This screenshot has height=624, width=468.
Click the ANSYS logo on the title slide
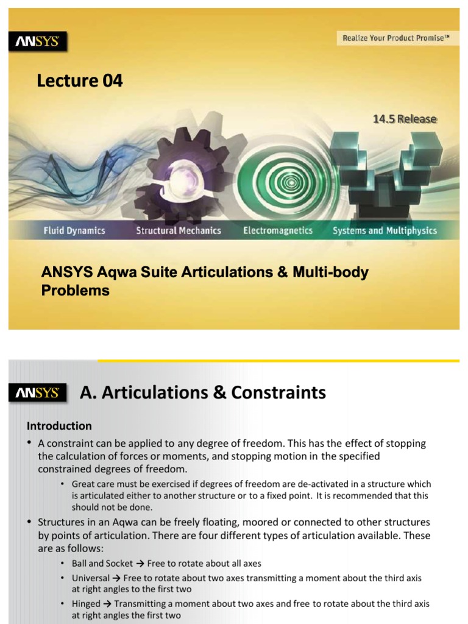pos(38,41)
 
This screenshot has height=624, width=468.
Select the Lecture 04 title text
pos(80,80)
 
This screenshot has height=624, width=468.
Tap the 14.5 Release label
pos(405,119)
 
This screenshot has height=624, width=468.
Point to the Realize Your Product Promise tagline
pos(395,38)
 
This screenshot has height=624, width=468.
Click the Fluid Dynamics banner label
pos(74,230)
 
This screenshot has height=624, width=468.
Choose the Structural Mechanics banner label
pos(178,230)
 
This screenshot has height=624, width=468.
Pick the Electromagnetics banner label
pos(277,230)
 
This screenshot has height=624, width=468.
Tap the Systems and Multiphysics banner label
pos(384,230)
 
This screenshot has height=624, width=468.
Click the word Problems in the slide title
pos(76,291)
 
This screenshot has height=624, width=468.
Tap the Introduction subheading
pos(59,426)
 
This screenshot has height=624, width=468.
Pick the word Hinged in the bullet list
pos(86,603)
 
